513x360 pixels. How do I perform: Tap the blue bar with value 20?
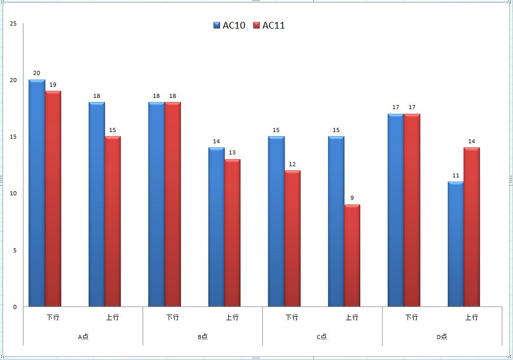(37, 194)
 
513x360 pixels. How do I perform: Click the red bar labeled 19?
(53, 199)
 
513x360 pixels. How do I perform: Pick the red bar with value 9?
(352, 255)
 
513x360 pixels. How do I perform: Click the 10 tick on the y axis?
(13, 193)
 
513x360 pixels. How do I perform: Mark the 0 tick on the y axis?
(15, 307)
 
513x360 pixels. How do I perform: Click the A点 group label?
(83, 337)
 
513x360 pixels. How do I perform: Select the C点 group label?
(322, 337)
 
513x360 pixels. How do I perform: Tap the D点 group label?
(442, 337)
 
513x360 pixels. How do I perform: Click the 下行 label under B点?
(173, 317)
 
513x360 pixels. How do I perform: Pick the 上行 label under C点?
(352, 317)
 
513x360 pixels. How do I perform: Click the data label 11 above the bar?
(455, 175)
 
